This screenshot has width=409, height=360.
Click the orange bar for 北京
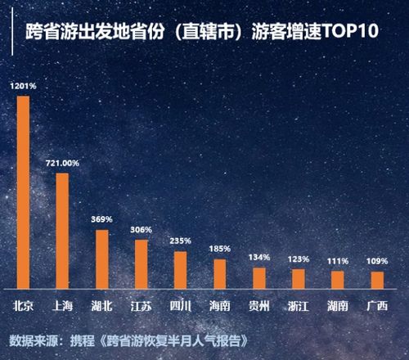[x=23, y=192]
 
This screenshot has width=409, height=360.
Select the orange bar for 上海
[x=62, y=231]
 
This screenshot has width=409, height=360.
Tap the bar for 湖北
[x=101, y=259]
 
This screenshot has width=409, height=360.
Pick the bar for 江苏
[x=141, y=263]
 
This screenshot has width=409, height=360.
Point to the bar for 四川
[x=180, y=269]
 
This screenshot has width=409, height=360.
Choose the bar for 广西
[x=377, y=279]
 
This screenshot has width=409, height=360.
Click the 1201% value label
[x=23, y=86]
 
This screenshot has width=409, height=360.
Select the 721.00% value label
[x=62, y=164]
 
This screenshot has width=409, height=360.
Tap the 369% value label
[x=101, y=220]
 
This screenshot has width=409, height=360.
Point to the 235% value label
[x=180, y=241]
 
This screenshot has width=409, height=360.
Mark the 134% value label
[x=258, y=258]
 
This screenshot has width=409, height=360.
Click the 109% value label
[x=377, y=261]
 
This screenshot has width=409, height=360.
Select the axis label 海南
[x=219, y=307]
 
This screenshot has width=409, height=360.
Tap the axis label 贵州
[x=258, y=307]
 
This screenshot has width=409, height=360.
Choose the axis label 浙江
[x=298, y=307]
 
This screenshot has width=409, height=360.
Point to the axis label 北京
[x=23, y=307]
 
